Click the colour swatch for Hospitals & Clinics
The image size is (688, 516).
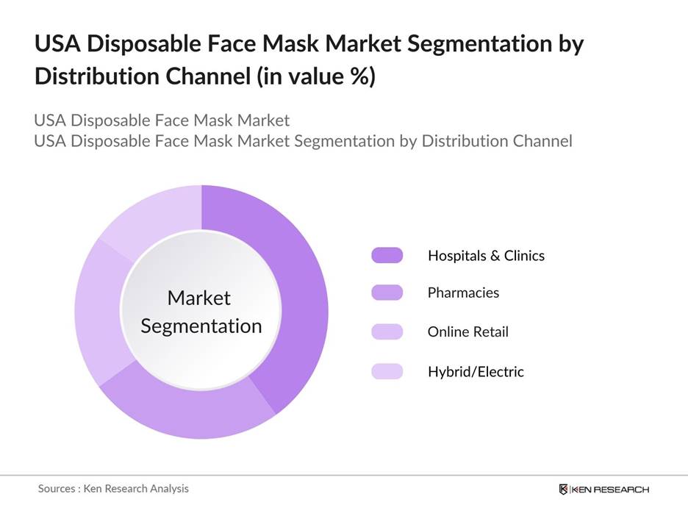click(x=387, y=256)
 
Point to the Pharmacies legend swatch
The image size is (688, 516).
click(x=387, y=293)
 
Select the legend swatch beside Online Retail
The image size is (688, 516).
click(x=387, y=332)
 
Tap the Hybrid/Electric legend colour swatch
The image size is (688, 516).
click(x=387, y=371)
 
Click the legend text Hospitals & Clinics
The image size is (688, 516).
click(x=486, y=256)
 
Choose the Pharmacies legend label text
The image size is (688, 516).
click(x=463, y=293)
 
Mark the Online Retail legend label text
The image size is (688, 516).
click(x=467, y=332)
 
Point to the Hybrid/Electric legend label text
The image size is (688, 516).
click(x=476, y=371)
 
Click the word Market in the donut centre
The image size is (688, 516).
click(x=199, y=298)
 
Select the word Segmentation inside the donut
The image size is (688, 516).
click(x=201, y=326)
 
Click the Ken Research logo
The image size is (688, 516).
click(x=603, y=490)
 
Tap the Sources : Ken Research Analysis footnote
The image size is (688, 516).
click(x=113, y=488)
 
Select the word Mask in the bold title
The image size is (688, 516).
click(x=306, y=44)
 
